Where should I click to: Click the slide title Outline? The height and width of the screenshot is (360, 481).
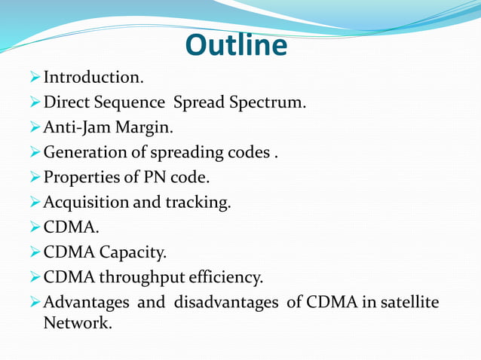pos(236,45)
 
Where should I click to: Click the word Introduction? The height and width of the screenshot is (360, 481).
pos(92,78)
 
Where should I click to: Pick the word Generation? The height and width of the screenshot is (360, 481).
pos(87,153)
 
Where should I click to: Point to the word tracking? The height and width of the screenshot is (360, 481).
pos(201,203)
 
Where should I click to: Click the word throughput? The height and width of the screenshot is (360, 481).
pos(144,278)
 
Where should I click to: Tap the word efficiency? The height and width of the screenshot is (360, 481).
pos(228,277)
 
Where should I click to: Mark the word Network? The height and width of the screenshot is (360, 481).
pos(75,324)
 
